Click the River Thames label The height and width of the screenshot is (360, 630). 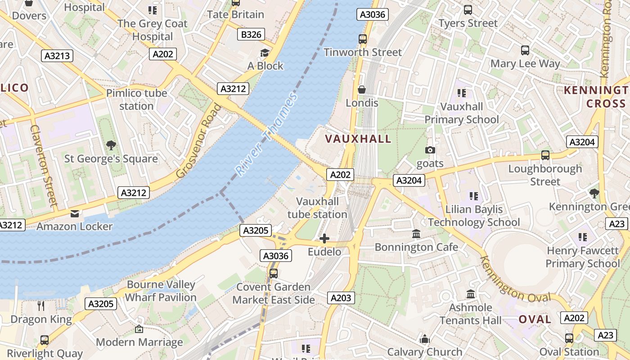(266, 135)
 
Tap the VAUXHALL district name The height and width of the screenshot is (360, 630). (358, 139)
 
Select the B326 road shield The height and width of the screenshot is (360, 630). (251, 34)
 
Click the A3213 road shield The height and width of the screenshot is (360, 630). (57, 56)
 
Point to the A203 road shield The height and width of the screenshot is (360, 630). (341, 298)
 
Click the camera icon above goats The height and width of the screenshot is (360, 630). (430, 150)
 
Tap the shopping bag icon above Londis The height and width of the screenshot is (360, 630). (362, 90)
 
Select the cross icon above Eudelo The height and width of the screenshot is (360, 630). (324, 238)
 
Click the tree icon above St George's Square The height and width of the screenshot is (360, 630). (111, 145)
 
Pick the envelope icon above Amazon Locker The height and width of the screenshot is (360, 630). (74, 213)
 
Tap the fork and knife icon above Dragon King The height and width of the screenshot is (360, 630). (41, 306)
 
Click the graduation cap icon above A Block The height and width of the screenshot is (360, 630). (265, 53)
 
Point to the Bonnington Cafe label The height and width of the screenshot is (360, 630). (416, 247)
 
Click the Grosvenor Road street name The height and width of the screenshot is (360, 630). (199, 141)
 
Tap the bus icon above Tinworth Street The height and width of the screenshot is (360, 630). (363, 39)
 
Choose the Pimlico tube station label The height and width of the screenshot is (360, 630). (136, 99)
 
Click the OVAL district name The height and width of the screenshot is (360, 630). (535, 319)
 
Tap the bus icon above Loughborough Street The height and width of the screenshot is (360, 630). (545, 155)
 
